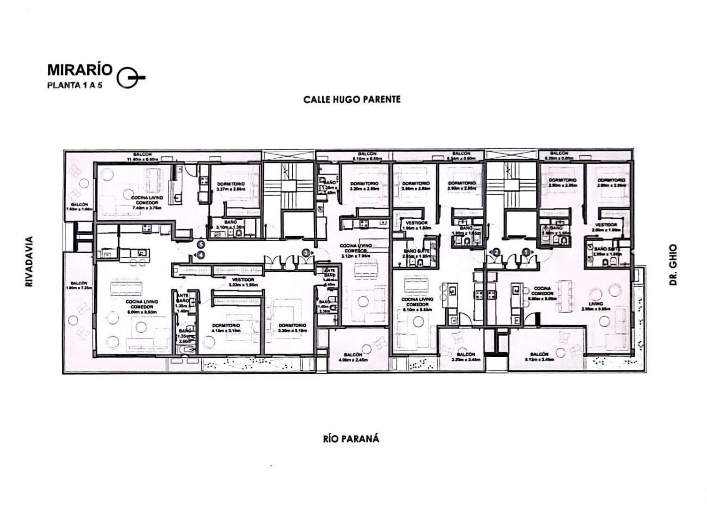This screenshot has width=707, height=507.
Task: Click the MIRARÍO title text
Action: click(x=80, y=69)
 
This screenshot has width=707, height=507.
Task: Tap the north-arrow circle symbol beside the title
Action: click(x=128, y=77)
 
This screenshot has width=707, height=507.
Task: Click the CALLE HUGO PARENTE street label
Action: click(x=352, y=100)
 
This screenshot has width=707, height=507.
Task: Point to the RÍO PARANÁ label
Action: click(x=351, y=439)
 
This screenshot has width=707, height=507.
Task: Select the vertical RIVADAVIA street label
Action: click(x=29, y=262)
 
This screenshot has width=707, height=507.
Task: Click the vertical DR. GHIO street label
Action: click(x=673, y=265)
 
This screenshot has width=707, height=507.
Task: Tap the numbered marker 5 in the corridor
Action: click(x=201, y=245)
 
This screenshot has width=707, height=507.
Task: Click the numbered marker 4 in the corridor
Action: click(x=201, y=255)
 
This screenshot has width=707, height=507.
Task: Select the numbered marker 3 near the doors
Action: click(x=306, y=253)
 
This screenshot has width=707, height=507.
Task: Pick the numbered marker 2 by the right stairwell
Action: click(x=495, y=252)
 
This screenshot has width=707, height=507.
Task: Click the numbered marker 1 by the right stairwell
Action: click(x=526, y=252)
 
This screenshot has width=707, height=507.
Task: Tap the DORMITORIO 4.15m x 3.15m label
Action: click(x=226, y=328)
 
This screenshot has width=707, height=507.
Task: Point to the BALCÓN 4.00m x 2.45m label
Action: click(x=353, y=357)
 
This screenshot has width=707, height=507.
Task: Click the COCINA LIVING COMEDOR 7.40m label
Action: click(x=147, y=203)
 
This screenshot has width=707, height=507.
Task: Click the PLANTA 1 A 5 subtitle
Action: click(x=75, y=85)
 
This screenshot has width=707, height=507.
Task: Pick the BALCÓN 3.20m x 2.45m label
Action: click(x=465, y=357)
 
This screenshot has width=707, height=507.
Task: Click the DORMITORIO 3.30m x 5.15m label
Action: click(x=292, y=328)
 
